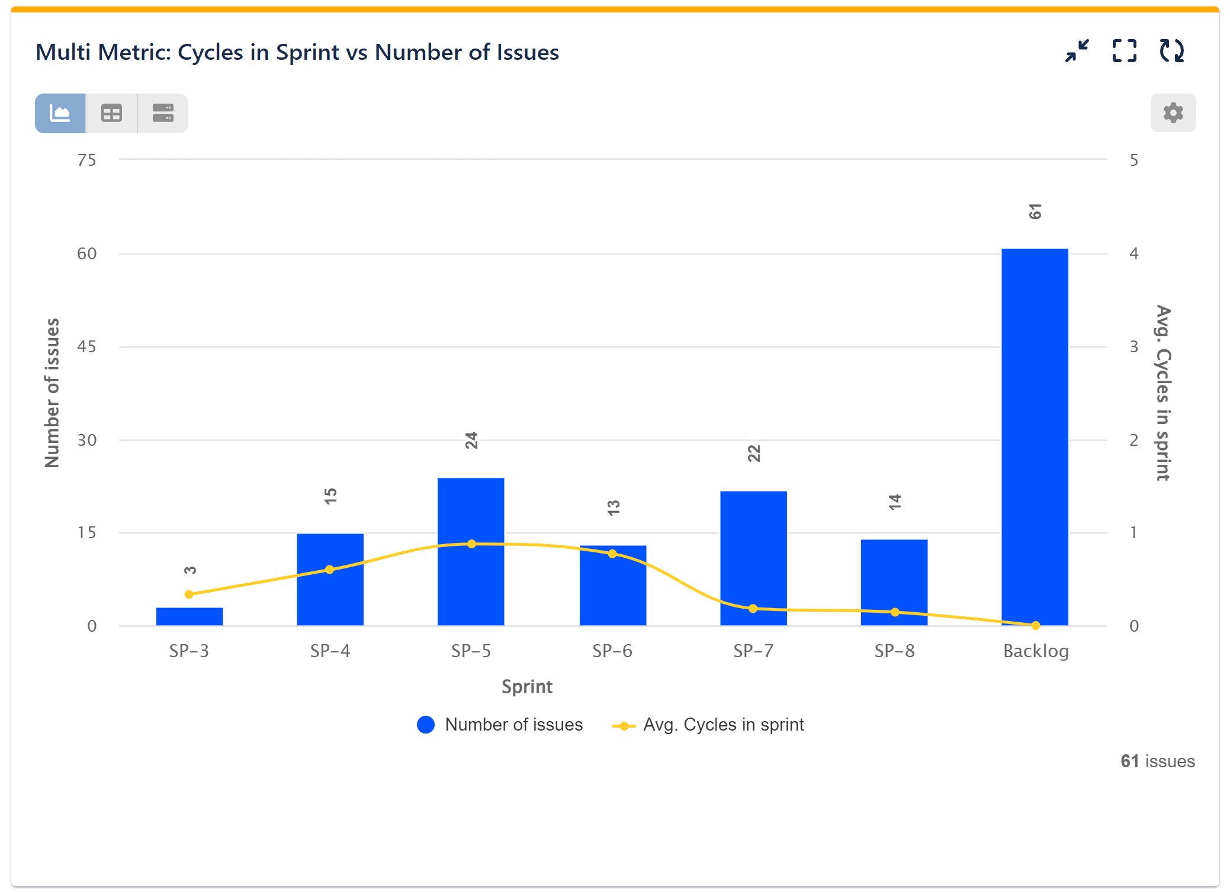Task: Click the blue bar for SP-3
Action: click(190, 616)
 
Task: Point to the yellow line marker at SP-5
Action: click(471, 544)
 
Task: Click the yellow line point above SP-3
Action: click(189, 594)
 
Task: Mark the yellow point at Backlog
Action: click(1035, 625)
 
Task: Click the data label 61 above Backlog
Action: click(1035, 211)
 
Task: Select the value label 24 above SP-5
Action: click(471, 440)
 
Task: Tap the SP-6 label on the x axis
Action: click(612, 651)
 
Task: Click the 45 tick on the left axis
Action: click(86, 346)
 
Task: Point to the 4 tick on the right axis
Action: click(1133, 253)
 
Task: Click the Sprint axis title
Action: click(526, 687)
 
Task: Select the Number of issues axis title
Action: click(52, 393)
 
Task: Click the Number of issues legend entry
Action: click(500, 725)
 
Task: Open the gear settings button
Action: click(1173, 112)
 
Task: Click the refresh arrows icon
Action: click(1171, 51)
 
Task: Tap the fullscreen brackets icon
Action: click(1124, 51)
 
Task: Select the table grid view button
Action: click(111, 113)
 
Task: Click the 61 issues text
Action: click(1157, 761)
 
